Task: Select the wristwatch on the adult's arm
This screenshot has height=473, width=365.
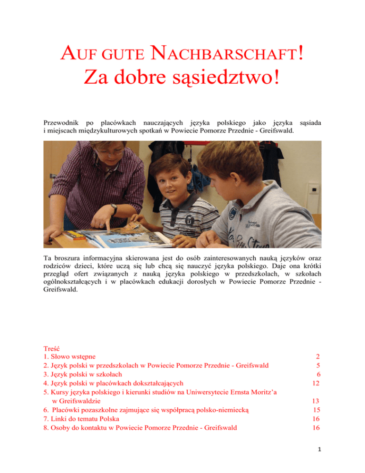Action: point(113,209)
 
